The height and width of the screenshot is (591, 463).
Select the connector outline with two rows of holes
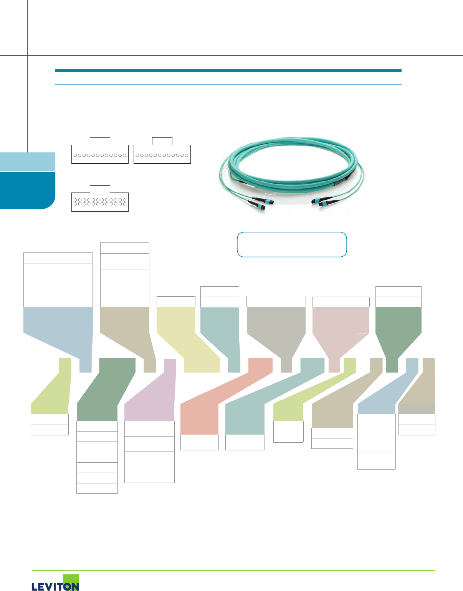coord(100,201)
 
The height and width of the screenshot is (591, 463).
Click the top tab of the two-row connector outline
coord(100,189)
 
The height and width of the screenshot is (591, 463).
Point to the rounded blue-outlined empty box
coord(292,244)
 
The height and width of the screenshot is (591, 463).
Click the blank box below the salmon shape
coord(199,442)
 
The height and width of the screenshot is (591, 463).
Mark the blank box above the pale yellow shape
coord(176,302)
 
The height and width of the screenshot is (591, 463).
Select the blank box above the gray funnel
coord(276,302)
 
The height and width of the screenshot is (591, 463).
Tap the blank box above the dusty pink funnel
coord(341,302)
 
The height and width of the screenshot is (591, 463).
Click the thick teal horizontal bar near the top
coord(228,71)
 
